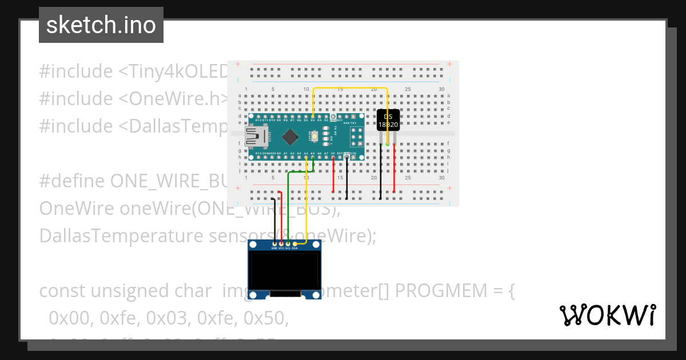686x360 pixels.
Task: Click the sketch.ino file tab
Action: (101, 25)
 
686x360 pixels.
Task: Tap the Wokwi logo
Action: (607, 315)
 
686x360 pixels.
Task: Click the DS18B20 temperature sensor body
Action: (388, 120)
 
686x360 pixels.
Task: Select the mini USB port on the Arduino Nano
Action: (253, 137)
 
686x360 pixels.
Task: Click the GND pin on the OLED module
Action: (274, 244)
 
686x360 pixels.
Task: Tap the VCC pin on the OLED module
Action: (281, 244)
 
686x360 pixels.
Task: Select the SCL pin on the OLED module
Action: (288, 244)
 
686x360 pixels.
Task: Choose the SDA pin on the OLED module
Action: (295, 244)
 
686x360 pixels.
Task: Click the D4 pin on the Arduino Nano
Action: (313, 116)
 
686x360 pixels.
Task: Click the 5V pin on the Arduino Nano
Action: (333, 157)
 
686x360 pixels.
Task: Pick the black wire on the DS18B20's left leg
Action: (381, 171)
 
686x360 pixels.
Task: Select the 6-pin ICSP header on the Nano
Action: (357, 137)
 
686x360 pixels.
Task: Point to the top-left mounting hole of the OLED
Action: (253, 245)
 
